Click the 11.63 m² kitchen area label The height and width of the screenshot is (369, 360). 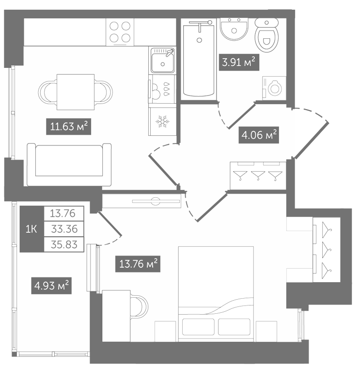68,127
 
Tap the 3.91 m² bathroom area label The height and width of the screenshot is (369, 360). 239,63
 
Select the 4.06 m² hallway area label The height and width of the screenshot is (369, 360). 259,135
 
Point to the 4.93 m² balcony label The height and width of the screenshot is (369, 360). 51,286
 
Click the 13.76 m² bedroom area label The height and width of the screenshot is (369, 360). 138,264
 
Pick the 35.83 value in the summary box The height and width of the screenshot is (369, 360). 64,245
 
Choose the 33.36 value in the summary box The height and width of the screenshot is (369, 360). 64,229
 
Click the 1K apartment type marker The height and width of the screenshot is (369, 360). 31,229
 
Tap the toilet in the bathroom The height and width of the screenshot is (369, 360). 266,35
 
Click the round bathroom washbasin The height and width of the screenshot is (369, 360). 234,29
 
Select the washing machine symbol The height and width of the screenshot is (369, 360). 274,88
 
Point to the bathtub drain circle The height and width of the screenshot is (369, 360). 200,40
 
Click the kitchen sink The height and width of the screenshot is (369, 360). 162,60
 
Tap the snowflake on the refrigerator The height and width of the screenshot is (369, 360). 162,121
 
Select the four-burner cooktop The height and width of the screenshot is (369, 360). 120,32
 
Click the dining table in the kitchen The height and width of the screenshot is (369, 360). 76,92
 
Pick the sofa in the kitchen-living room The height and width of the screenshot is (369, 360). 69,164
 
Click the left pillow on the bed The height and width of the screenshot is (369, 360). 198,327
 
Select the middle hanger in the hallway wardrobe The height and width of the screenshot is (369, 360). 258,176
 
